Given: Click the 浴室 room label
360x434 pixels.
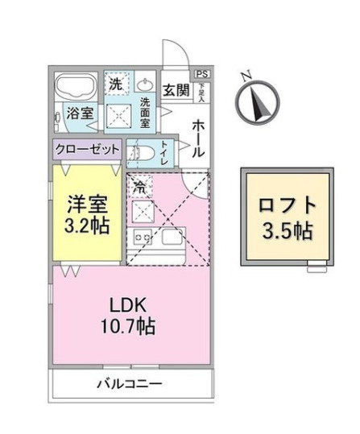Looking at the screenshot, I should (x=79, y=114).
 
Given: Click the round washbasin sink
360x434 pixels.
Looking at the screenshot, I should (x=146, y=85).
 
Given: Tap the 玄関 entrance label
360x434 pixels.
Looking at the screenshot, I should (x=176, y=90).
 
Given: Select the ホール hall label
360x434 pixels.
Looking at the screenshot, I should (x=198, y=138).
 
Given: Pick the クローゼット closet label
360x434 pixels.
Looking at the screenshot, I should (x=88, y=149).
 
